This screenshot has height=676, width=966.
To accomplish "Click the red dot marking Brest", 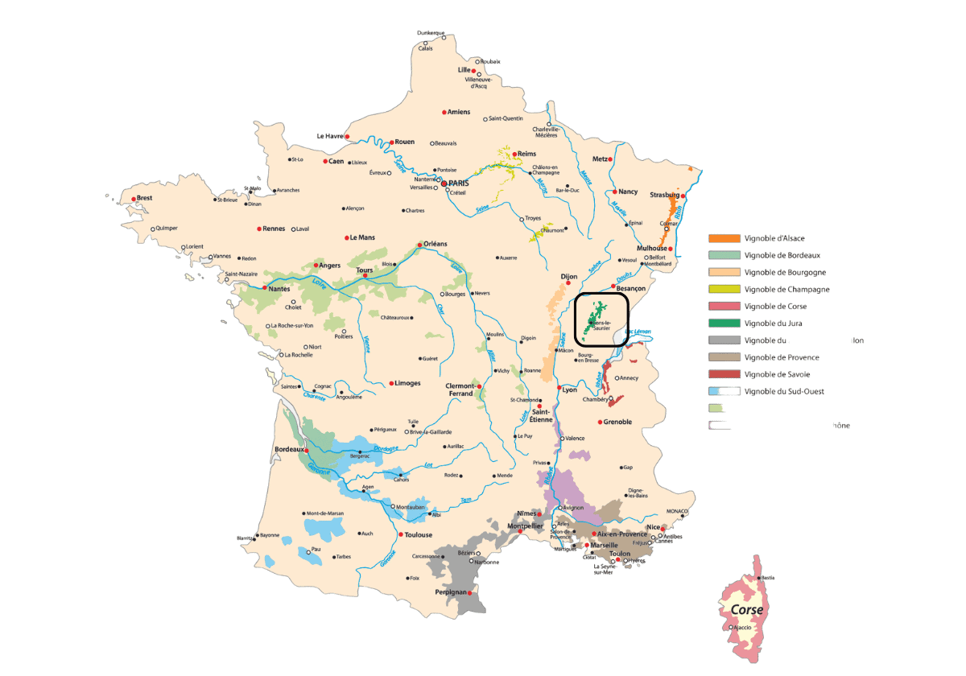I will (134, 199).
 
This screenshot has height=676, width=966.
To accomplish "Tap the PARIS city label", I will (459, 183).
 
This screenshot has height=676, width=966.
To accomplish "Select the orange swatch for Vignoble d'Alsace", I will (724, 238).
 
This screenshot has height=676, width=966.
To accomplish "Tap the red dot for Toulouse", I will (401, 534).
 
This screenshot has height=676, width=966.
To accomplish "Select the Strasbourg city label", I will (664, 195).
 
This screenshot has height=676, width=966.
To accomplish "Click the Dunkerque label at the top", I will (431, 33).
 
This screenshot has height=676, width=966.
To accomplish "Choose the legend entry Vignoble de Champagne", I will (786, 290).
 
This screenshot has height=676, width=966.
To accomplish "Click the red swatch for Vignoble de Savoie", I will (724, 374).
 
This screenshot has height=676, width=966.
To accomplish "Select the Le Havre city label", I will (330, 136).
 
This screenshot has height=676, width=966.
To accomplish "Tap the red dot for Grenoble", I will (600, 422).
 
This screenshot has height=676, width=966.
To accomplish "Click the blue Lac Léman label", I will (638, 331).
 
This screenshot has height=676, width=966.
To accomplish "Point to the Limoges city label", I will (407, 383).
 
